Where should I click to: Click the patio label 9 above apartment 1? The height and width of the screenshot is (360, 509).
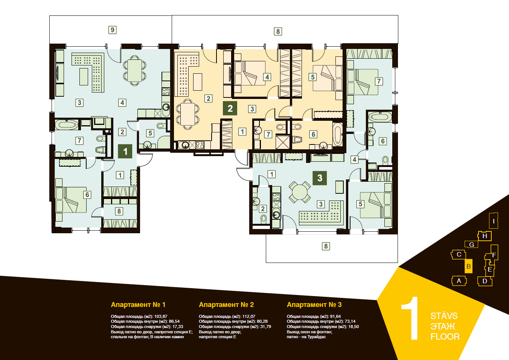pos(113,30)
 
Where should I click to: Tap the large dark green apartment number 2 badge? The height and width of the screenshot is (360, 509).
pos(230,108)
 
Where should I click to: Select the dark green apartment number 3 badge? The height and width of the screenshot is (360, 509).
pos(320,178)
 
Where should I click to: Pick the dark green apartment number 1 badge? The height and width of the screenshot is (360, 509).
pos(125,151)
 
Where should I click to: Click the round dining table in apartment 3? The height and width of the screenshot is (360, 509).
pos(300,192)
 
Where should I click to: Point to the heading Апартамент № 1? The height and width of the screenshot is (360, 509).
pos(138,305)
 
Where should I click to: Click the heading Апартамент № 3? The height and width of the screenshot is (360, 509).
pos(314,305)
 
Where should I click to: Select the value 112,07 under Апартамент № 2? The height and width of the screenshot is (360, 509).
pos(249,316)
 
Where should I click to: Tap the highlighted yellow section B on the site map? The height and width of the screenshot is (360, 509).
pos(469,266)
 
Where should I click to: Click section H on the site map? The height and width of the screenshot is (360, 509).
pos(485,236)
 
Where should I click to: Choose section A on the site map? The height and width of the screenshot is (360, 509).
pos(459,281)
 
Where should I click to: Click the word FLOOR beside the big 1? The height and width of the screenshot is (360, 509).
pos(445,337)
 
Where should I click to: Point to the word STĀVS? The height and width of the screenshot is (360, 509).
pos(444,316)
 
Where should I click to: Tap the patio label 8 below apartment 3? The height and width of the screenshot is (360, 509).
pos(326,246)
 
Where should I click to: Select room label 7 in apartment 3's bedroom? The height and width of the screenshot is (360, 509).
pos(379,81)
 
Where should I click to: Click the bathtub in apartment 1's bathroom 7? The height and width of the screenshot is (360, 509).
pos(67,125)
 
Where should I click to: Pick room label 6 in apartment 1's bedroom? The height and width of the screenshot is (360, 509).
pos(87,195)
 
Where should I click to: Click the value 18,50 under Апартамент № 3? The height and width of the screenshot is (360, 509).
pos(354,327)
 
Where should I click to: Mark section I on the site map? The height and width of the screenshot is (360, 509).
pos(494,221)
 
